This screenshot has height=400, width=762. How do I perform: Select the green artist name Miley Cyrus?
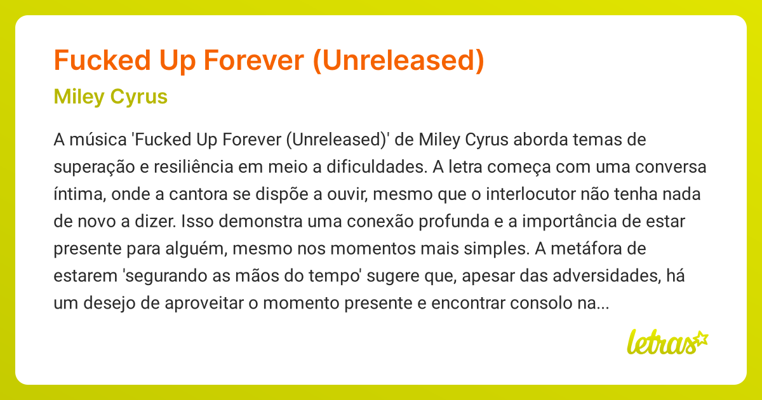point(110,97)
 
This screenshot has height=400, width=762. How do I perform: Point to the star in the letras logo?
point(701,338)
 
